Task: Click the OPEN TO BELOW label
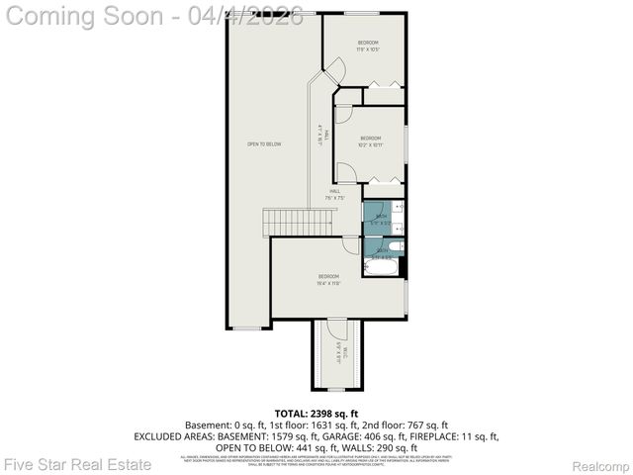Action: pos(264,144)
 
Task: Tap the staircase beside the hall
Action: pos(300,223)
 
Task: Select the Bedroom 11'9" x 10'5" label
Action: pos(368,47)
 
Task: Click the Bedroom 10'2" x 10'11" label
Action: pos(370,142)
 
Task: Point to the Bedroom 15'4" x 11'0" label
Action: pos(329,279)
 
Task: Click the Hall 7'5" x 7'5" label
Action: pos(335,194)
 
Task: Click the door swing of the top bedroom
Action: pos(334,70)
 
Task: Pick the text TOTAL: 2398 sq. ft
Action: pos(316,413)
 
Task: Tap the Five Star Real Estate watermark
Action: pos(77,464)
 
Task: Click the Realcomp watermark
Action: pos(601,465)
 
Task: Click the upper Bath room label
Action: pos(381,215)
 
